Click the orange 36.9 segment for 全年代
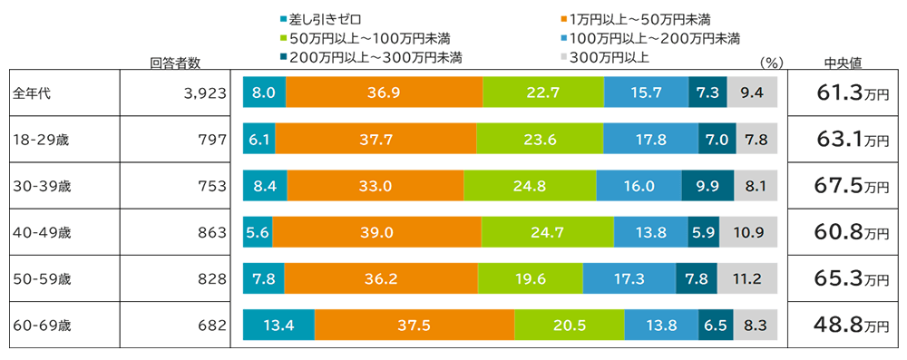[385, 92]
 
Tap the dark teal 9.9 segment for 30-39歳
[707, 186]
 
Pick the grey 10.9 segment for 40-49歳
[749, 232]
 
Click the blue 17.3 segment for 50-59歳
[629, 278]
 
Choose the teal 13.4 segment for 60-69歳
[278, 325]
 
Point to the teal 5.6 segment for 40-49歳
[258, 232]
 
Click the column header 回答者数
[175, 63]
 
